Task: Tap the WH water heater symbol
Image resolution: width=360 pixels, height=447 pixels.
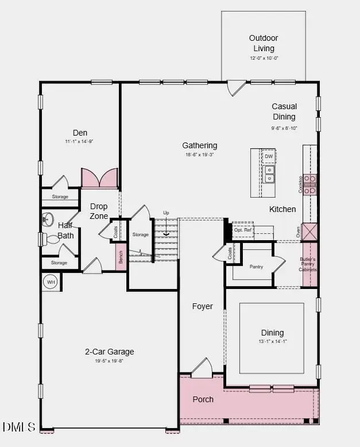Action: coord(51,283)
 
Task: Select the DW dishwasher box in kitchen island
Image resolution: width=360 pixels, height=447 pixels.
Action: coord(269,156)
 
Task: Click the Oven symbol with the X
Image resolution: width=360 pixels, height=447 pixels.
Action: coord(310,232)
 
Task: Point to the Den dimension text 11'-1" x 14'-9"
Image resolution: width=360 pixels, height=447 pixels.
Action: coord(79,141)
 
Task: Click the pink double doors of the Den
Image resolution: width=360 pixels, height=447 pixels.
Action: coord(100,178)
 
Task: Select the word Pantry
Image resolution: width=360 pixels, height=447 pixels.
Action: coord(256,267)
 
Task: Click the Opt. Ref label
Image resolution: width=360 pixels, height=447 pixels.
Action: coord(243,230)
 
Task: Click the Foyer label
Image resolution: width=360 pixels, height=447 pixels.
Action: coord(202,306)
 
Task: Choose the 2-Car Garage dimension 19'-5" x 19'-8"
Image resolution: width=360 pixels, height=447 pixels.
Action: coord(109,361)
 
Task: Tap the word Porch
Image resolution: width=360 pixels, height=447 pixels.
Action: coord(203,399)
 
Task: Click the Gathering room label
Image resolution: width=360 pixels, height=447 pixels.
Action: coord(200,145)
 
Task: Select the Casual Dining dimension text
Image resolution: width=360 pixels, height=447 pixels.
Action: coord(284,128)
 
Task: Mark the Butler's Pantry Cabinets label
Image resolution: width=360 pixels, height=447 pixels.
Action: coord(308,264)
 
